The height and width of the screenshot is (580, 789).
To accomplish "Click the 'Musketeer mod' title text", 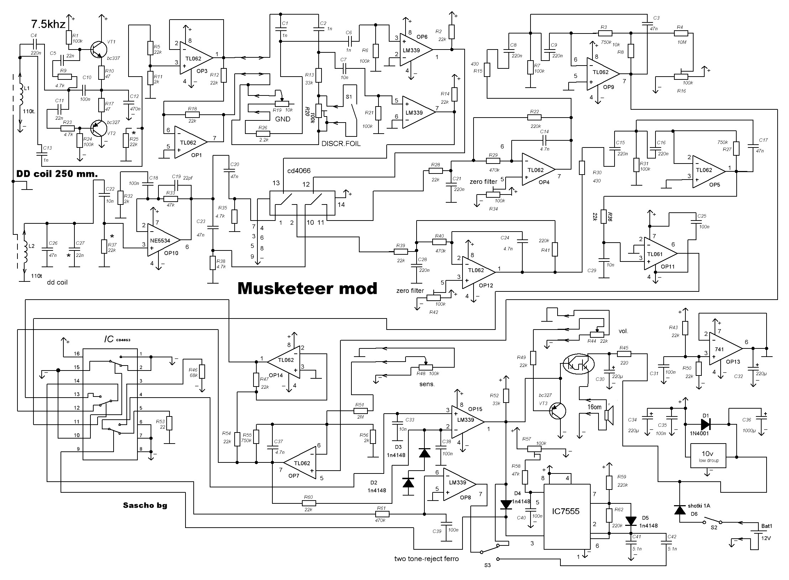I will [307, 288].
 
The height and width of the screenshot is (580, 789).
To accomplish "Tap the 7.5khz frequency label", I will [48, 25].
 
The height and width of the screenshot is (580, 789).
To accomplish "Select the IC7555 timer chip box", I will [566, 512].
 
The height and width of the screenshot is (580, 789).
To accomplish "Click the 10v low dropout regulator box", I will [708, 456].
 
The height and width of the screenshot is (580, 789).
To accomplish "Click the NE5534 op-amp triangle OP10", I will [164, 240].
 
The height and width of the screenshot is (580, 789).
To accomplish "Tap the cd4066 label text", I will [299, 171].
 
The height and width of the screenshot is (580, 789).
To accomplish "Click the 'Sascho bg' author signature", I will [145, 505].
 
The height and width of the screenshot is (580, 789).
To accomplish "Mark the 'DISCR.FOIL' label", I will [341, 144].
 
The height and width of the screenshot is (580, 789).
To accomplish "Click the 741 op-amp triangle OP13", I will [724, 349].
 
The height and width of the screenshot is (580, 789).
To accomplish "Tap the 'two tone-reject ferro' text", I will [426, 559].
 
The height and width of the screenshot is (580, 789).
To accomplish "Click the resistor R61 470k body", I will [382, 514].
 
